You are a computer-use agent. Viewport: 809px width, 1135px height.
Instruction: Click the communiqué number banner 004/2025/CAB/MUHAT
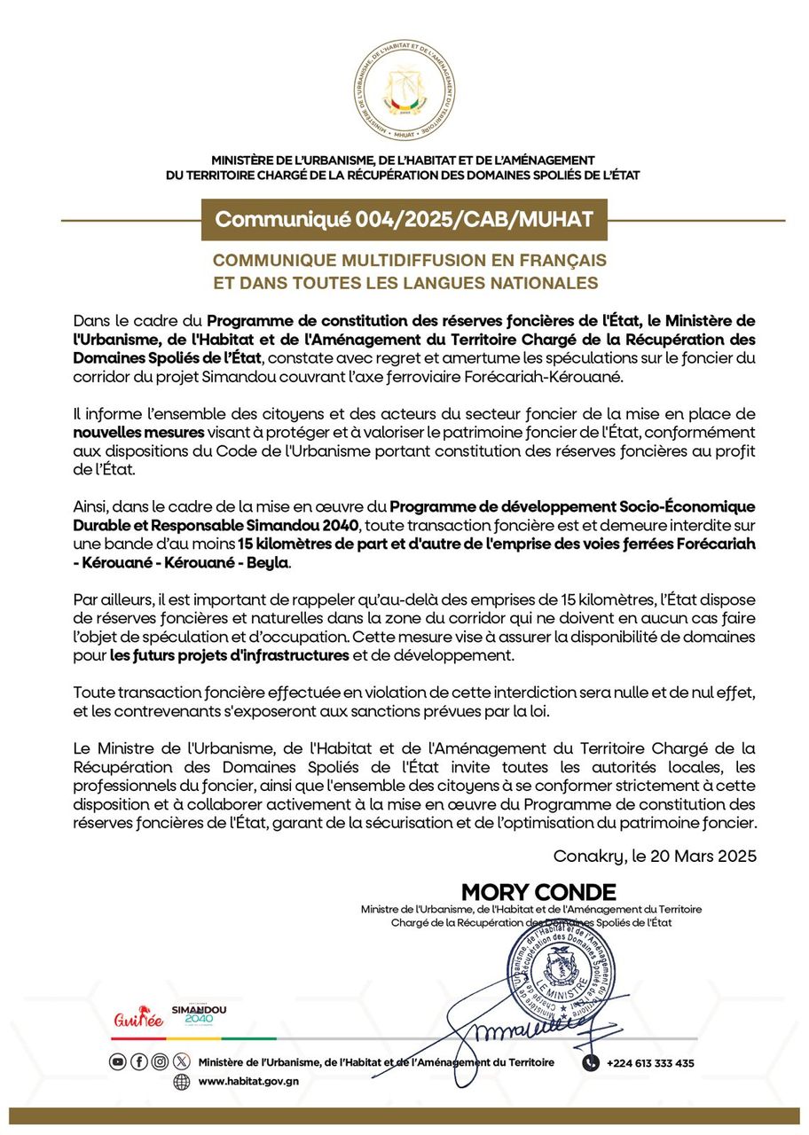(404, 219)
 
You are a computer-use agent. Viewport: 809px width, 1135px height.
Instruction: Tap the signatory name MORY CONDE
(538, 892)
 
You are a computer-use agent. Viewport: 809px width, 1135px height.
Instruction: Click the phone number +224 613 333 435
(650, 1063)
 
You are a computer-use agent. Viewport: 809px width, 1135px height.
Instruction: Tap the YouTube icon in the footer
(117, 1061)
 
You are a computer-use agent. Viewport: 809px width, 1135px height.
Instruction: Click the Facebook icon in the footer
(139, 1061)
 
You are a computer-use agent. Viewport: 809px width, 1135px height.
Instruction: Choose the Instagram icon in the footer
(160, 1061)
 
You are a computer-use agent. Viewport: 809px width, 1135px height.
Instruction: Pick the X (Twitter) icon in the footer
(181, 1061)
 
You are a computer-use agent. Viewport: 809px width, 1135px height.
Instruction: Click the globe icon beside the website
(181, 1082)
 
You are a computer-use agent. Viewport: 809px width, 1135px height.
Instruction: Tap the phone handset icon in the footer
(591, 1062)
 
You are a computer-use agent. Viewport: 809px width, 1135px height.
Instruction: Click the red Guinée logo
(139, 1019)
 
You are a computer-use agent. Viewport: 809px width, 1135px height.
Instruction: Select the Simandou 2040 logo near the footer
(198, 1015)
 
